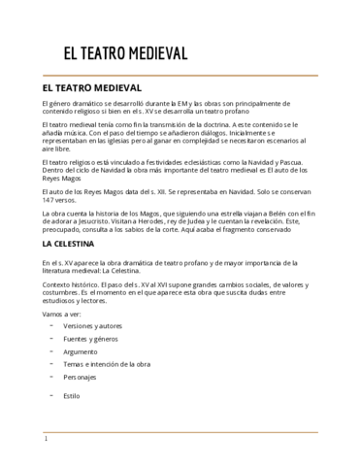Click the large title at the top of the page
point(125,54)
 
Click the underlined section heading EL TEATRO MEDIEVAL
point(93,86)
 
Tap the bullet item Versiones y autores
point(94,325)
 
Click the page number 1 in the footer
point(46,439)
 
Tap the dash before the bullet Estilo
point(49,395)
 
